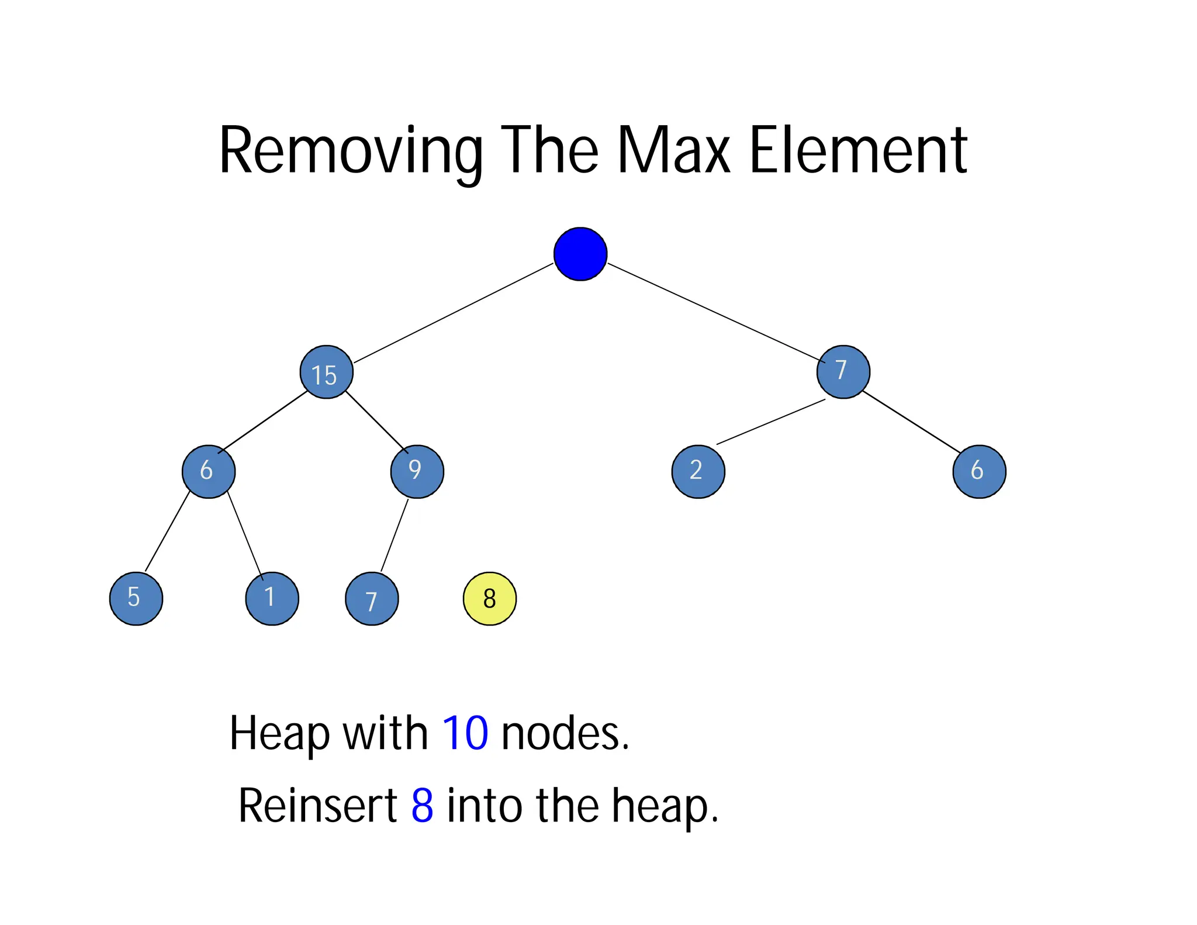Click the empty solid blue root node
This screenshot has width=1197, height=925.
[x=580, y=254]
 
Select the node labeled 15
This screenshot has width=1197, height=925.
[x=326, y=372]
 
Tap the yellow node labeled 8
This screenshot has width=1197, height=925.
[x=489, y=598]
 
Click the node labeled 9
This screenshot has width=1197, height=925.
[x=417, y=471]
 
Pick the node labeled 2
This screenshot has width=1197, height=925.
[x=698, y=471]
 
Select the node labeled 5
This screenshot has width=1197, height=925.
[x=136, y=598]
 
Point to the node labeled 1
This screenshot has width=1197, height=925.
[x=272, y=598]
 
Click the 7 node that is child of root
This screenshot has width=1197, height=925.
[x=843, y=372]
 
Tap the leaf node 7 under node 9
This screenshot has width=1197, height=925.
[x=372, y=599]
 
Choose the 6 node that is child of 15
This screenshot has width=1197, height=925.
[x=208, y=471]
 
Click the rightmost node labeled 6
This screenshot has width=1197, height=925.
[x=979, y=471]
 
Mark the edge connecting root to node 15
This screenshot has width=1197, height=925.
[x=453, y=313]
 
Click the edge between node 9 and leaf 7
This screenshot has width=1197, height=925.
[x=395, y=535]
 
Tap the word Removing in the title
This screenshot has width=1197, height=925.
[x=350, y=151]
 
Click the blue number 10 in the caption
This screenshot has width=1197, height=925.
[x=465, y=733]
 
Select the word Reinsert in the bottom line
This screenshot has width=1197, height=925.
[x=318, y=806]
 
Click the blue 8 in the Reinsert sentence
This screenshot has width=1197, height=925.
[x=422, y=806]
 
